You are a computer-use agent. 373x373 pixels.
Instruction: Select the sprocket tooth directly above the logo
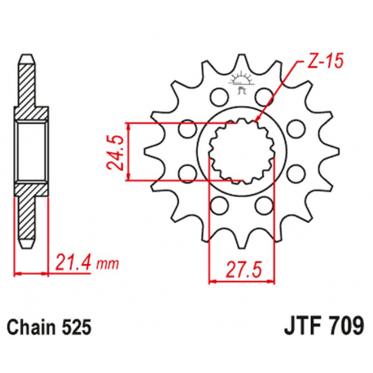pos(241,63)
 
